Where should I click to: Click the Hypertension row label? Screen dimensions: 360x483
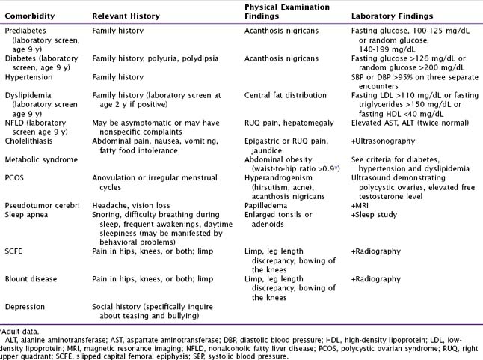click(x=30, y=76)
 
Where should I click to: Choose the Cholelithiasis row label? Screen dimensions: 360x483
click(x=30, y=138)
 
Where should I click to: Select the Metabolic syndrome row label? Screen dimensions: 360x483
click(x=41, y=159)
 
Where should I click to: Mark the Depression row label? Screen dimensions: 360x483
click(x=26, y=306)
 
